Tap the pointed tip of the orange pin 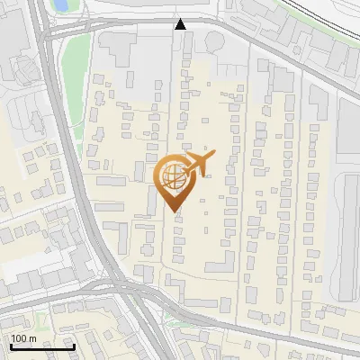pos(175,211)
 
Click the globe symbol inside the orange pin pos(174,177)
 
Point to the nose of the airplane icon pos(214,156)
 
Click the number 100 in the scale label pos(19,339)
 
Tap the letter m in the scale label pos(32,339)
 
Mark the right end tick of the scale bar pos(73,346)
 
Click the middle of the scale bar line pos(41,347)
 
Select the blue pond pos(61,5)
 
